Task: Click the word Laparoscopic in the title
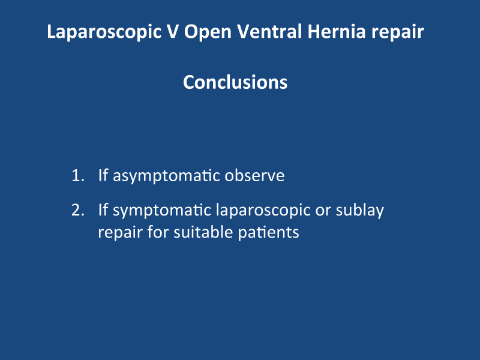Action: coord(104,32)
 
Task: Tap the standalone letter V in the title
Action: coord(172,31)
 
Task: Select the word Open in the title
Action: coord(208,32)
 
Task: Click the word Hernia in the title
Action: coord(337,31)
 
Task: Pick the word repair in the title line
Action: coord(398,32)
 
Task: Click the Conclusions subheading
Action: coord(235,82)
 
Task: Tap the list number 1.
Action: coord(78,176)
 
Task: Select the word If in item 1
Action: coord(103,175)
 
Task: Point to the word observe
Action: coord(254,175)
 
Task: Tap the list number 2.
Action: coord(78,211)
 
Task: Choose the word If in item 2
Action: coord(103,209)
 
